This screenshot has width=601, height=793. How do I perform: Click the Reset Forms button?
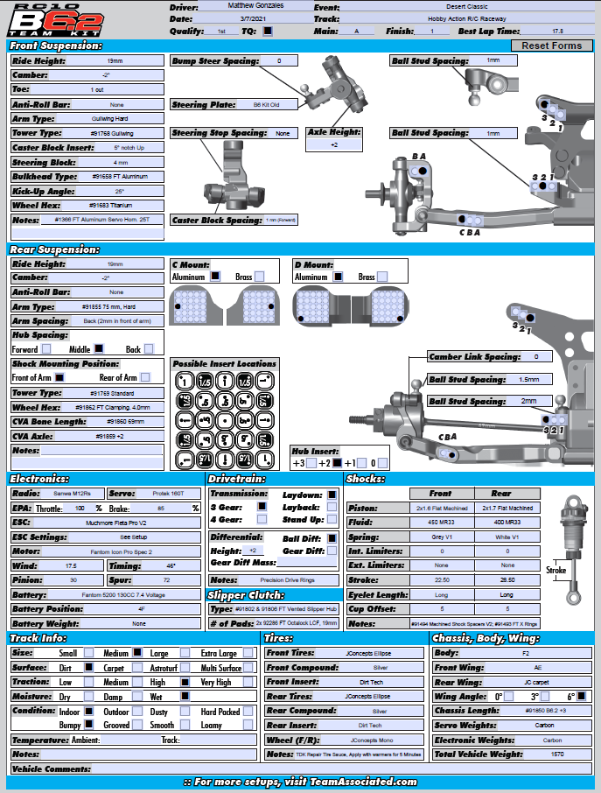pos(551,46)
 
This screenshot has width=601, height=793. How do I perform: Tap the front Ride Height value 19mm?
pos(114,61)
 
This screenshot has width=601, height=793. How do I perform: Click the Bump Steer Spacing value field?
pos(279,61)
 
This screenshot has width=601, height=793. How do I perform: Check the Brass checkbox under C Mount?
pos(260,277)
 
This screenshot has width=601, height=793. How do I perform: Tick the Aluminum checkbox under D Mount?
pos(338,277)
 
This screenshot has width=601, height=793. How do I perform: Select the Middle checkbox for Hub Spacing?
pos(100,349)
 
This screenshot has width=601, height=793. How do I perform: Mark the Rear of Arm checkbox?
pos(145,377)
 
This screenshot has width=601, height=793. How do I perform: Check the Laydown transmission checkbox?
pos(332,495)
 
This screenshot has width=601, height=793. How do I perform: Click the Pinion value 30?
pos(73,579)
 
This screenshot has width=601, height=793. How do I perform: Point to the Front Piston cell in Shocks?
pos(443,508)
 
